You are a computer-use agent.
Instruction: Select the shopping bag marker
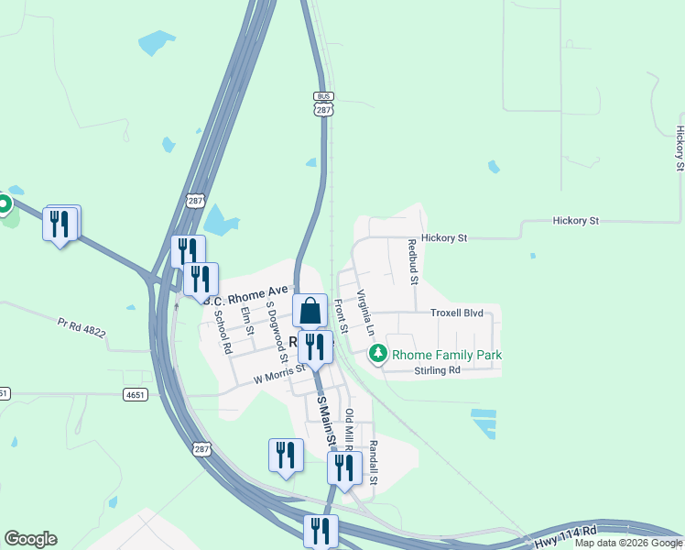[310, 311]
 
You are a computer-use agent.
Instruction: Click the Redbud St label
[412, 261]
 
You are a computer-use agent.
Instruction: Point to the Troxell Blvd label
[456, 313]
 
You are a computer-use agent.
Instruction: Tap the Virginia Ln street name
[365, 312]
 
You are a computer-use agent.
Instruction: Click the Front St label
[341, 314]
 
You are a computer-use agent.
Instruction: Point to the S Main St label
[323, 423]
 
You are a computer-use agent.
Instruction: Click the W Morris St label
[278, 372]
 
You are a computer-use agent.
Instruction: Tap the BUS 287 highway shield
[322, 104]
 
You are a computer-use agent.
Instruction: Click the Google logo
[30, 539]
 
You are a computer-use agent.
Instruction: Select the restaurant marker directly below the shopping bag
[314, 346]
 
